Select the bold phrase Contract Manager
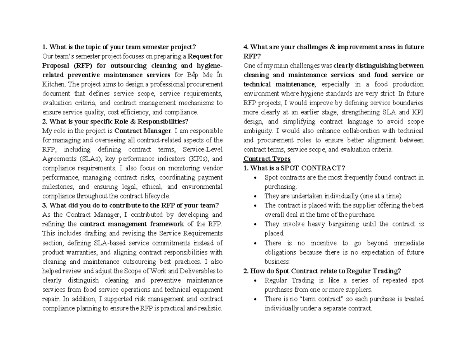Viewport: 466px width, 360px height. point(143,131)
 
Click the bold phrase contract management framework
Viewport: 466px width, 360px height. point(132,224)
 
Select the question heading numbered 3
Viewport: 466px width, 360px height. point(130,205)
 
